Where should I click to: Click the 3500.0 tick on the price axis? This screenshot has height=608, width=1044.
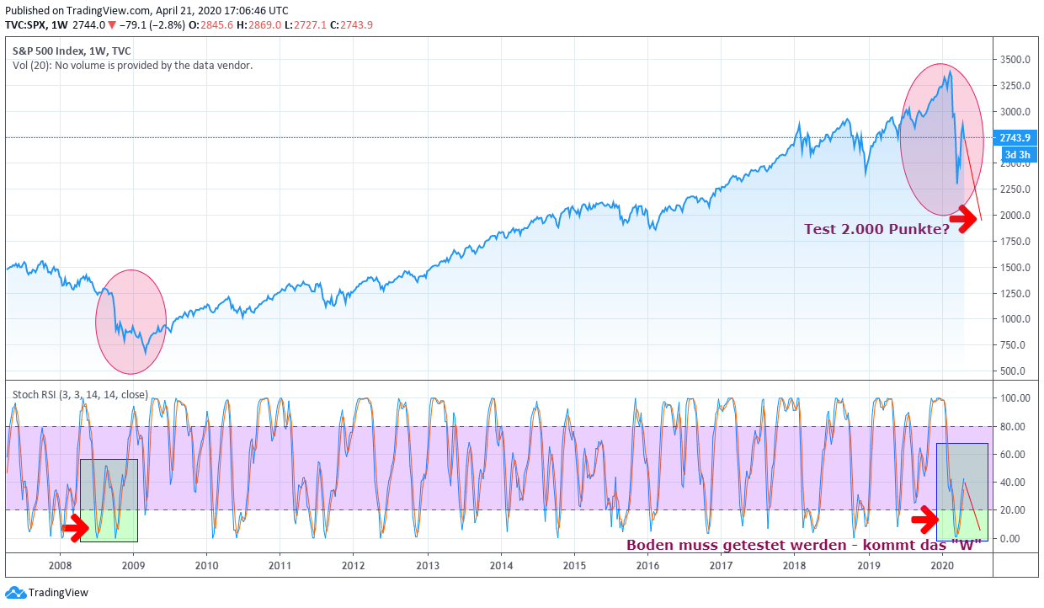(x=1015, y=60)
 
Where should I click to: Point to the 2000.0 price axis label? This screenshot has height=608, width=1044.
(x=1015, y=216)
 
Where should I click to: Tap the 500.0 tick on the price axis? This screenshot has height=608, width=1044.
(x=1014, y=371)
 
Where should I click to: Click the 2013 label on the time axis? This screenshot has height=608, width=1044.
(x=428, y=566)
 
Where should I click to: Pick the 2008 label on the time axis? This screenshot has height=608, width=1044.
(x=60, y=566)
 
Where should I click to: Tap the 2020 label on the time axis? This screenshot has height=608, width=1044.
(x=942, y=566)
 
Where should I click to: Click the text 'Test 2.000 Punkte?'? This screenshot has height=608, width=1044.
(x=876, y=229)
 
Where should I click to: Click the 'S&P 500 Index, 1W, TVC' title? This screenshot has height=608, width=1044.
(x=72, y=51)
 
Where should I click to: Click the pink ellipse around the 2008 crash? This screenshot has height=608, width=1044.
(x=130, y=322)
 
